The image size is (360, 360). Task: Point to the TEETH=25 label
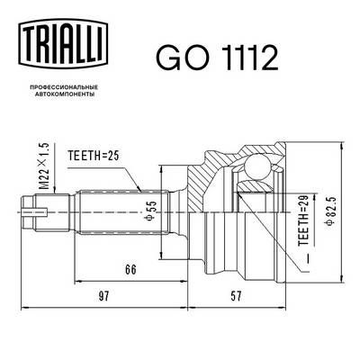click(x=94, y=156)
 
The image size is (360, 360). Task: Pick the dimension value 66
click(x=130, y=269)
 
